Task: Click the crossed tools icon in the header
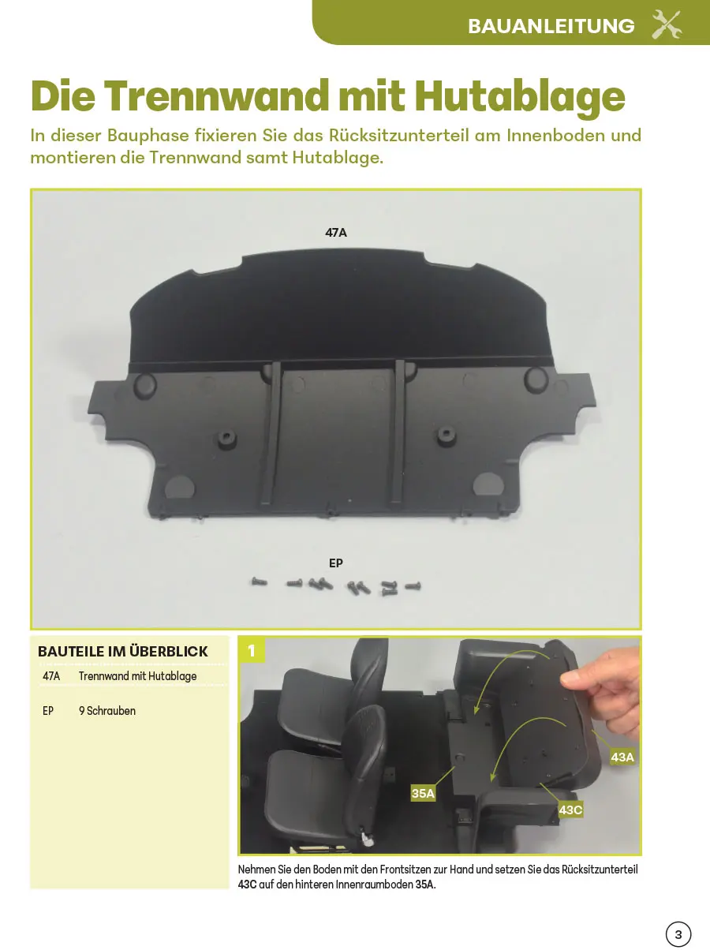point(667,24)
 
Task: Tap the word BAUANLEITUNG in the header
point(551,26)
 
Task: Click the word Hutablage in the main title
point(520,97)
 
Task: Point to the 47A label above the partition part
point(336,233)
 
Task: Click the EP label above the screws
point(336,563)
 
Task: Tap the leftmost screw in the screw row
point(260,582)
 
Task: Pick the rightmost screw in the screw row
point(413,586)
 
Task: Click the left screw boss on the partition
point(226,439)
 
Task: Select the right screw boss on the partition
point(446,436)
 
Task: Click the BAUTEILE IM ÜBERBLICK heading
point(123,652)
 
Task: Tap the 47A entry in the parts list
point(51,676)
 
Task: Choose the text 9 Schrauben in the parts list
point(106,711)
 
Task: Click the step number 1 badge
point(252,650)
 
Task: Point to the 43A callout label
point(622,757)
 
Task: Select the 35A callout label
point(423,793)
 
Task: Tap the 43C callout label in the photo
point(570,810)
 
